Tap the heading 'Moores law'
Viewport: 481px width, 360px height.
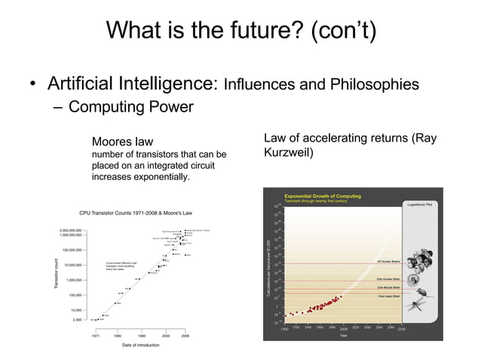coord(122,142)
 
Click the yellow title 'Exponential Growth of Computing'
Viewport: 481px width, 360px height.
coord(322,195)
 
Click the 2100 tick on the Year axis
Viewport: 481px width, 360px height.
coord(402,329)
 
